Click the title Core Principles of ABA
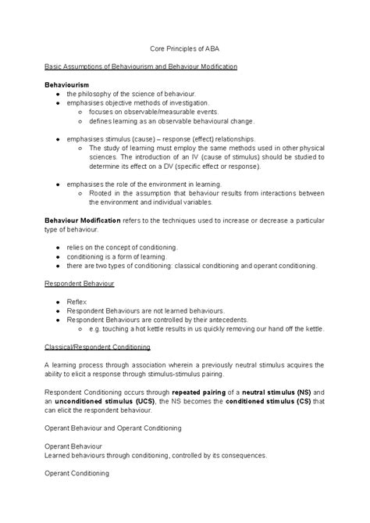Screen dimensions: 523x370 (185, 48)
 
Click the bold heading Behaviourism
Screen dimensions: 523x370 (67, 83)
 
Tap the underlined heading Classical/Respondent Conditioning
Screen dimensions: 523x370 (98, 346)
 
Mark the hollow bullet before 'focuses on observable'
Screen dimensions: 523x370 (81, 112)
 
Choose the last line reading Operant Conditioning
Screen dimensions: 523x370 (76, 473)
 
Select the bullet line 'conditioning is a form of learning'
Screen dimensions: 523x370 (122, 256)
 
